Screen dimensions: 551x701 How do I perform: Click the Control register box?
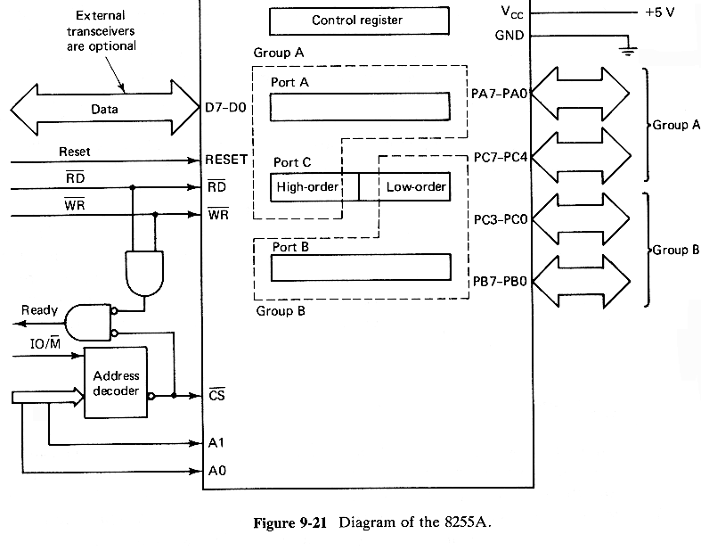coord(357,20)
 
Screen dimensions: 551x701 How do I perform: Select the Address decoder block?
coord(117,383)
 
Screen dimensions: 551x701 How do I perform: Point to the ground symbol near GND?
coord(627,50)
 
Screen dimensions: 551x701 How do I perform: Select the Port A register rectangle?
coord(360,108)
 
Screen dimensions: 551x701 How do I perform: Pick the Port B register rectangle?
coord(360,267)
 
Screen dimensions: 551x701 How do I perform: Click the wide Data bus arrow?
coord(104,110)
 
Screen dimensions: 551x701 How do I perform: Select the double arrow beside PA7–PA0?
coord(583,92)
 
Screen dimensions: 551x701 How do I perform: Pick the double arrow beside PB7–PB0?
coord(583,282)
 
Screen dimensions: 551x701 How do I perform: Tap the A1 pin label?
coord(214,442)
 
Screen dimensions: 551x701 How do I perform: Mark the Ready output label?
coord(40,310)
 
